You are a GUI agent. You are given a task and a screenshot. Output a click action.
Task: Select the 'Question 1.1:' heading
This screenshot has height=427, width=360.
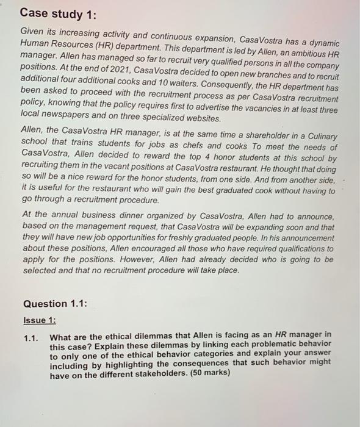click(x=55, y=304)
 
